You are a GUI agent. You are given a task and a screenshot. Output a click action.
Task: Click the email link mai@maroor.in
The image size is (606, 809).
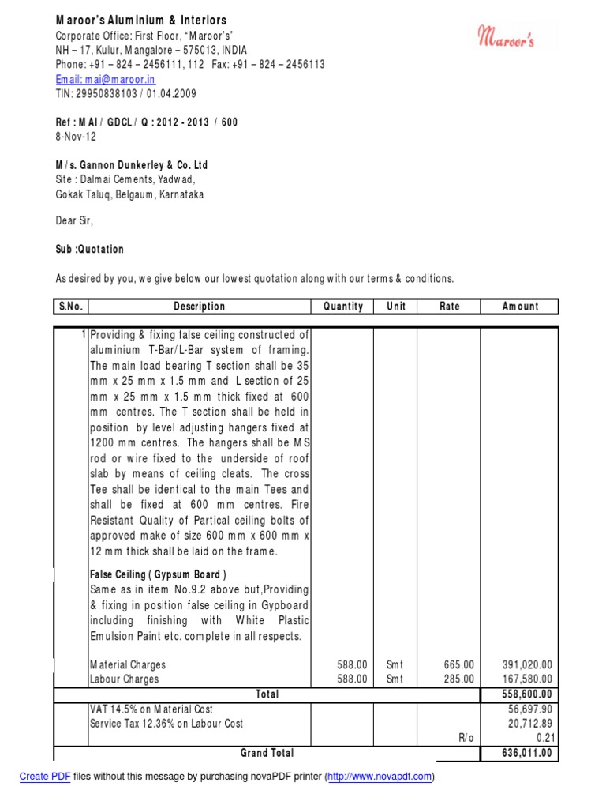point(105,80)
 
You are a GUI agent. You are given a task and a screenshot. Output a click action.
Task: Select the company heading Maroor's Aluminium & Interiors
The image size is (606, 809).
point(140,20)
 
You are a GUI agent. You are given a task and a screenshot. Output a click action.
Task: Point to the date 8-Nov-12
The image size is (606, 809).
point(75,136)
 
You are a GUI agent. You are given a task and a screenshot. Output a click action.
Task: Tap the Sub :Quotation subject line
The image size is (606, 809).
point(89,249)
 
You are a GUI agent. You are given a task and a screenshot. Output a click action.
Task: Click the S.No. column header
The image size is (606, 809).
point(70,307)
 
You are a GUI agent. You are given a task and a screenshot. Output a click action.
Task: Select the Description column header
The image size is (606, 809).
point(199,307)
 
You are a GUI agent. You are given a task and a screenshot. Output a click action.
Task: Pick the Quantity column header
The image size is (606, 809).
point(342,307)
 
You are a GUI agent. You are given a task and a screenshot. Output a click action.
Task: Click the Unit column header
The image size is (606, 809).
point(395,307)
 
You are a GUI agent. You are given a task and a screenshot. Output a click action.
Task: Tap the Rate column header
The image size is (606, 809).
point(448,307)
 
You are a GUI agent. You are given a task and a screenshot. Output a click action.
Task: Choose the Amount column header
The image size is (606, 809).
point(519,307)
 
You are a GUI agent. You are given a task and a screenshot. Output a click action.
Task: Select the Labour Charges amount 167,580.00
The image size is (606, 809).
point(527,679)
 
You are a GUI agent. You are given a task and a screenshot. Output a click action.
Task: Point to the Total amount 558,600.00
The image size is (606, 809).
point(527,694)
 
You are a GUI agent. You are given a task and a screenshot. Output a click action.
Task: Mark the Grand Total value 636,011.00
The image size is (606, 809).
point(527,753)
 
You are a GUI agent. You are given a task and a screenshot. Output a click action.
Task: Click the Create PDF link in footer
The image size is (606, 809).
point(45,777)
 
